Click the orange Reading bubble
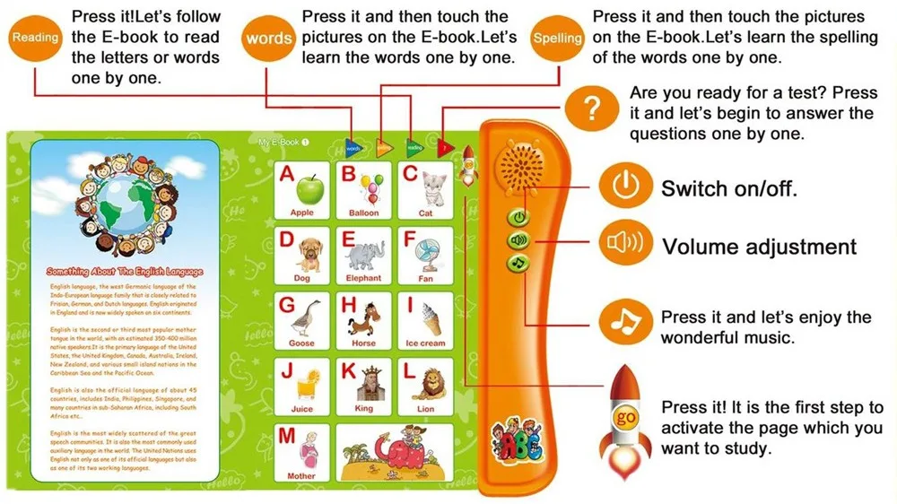tap(35, 38)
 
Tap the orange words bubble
tap(268, 39)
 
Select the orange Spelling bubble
tap(557, 39)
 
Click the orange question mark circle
tap(590, 110)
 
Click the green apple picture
tap(310, 189)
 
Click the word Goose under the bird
tap(301, 343)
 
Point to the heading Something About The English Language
tap(125, 271)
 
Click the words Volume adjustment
tap(759, 247)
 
